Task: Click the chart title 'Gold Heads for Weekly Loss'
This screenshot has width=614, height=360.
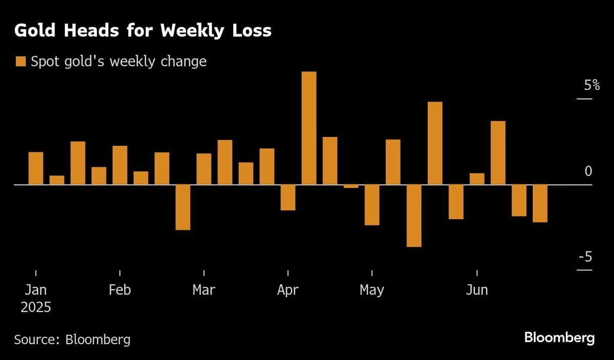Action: click(143, 31)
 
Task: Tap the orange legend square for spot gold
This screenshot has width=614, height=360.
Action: click(20, 62)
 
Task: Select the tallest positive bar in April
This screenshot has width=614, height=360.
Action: click(309, 128)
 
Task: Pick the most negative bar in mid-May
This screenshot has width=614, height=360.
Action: click(414, 215)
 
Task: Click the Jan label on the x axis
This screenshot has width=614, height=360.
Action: click(36, 290)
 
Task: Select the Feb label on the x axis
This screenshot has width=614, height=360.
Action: click(120, 290)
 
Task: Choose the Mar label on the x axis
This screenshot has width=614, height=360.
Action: click(204, 290)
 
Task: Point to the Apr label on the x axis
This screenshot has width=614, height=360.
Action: click(288, 290)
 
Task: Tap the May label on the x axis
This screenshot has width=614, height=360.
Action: click(371, 290)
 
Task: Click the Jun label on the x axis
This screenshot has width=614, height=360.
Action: click(477, 290)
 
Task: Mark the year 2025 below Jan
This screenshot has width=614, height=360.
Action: click(36, 308)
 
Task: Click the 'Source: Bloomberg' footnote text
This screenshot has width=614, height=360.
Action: click(72, 339)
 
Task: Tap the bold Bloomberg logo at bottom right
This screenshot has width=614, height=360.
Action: click(559, 338)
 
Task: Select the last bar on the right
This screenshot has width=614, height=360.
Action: click(540, 203)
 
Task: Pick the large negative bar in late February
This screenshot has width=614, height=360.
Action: click(183, 207)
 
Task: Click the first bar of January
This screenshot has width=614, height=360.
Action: click(36, 168)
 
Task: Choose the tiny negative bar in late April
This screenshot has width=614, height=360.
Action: click(351, 186)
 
